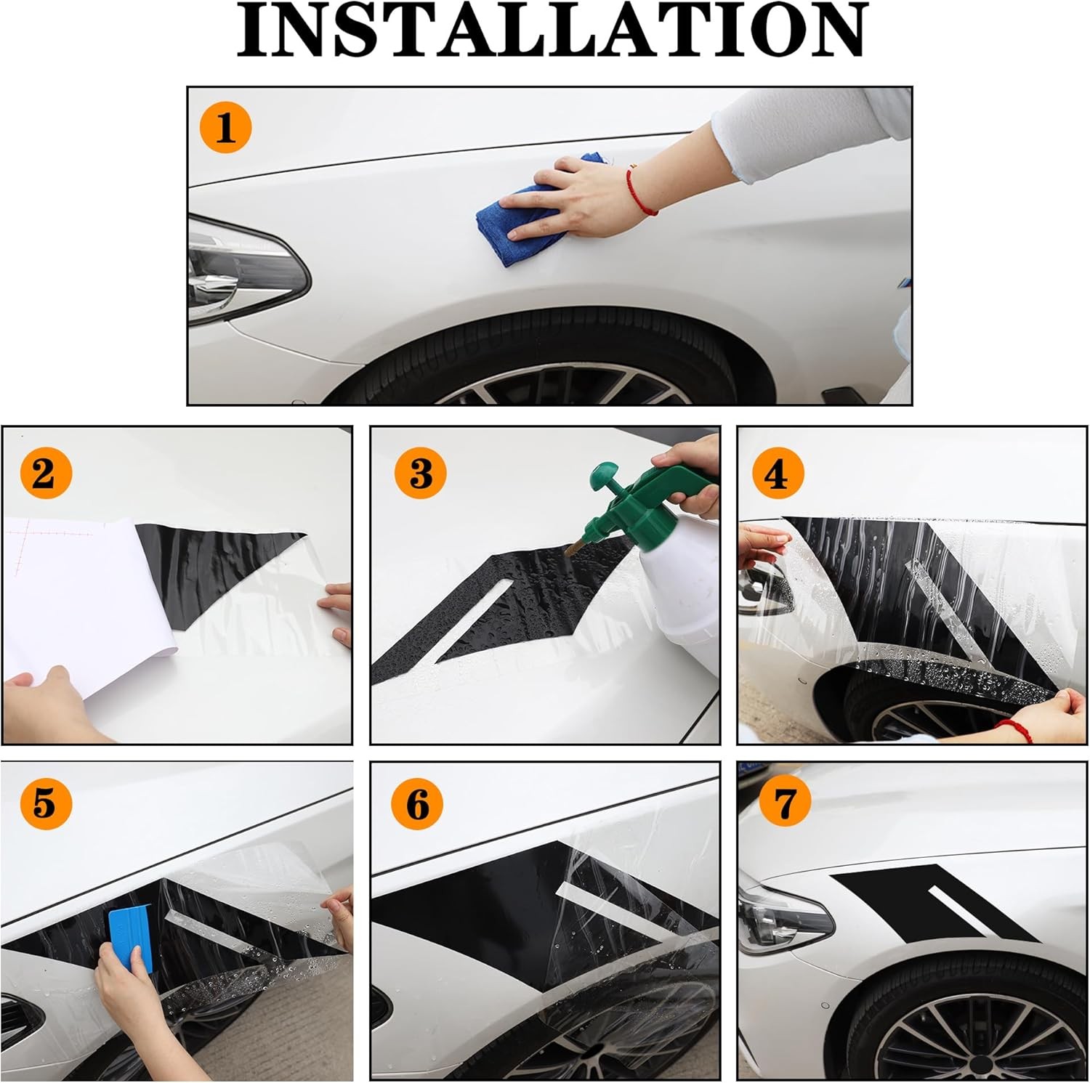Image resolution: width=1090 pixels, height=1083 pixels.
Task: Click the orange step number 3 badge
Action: pos(421,474)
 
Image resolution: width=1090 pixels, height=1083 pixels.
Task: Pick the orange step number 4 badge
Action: pos(778,474)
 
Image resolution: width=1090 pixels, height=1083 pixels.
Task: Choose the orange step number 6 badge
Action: pos(418,804)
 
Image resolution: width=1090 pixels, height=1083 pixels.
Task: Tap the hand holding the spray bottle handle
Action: pos(687,472)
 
